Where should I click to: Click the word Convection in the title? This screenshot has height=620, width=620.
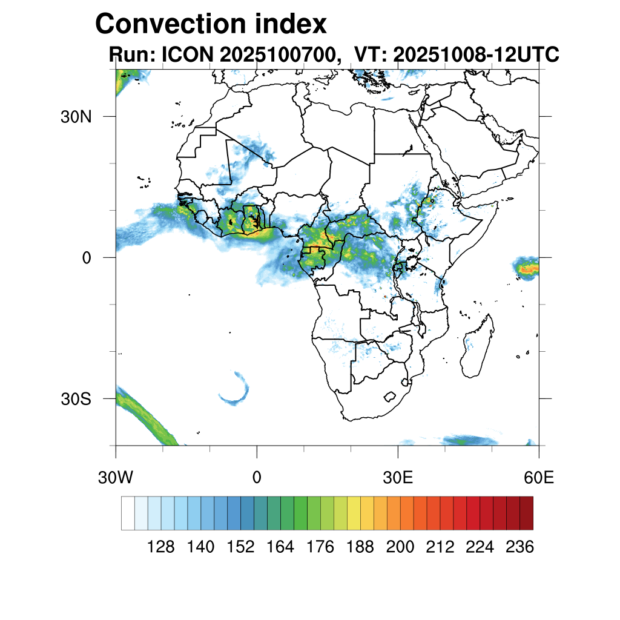click(170, 24)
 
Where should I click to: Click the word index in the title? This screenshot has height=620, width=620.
click(290, 24)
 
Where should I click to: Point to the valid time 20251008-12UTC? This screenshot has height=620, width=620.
click(475, 55)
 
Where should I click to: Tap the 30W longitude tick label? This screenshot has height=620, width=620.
click(116, 478)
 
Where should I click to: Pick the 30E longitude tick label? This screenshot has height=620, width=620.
click(398, 478)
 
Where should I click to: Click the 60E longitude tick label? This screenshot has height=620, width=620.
click(538, 478)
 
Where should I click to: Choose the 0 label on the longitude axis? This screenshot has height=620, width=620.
click(257, 478)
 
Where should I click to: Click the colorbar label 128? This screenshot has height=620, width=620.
click(161, 547)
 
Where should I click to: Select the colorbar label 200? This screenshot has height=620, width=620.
click(400, 547)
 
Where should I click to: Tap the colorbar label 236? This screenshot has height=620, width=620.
click(519, 547)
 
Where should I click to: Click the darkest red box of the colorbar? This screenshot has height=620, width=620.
click(526, 513)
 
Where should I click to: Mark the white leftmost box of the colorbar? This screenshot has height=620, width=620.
click(128, 513)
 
